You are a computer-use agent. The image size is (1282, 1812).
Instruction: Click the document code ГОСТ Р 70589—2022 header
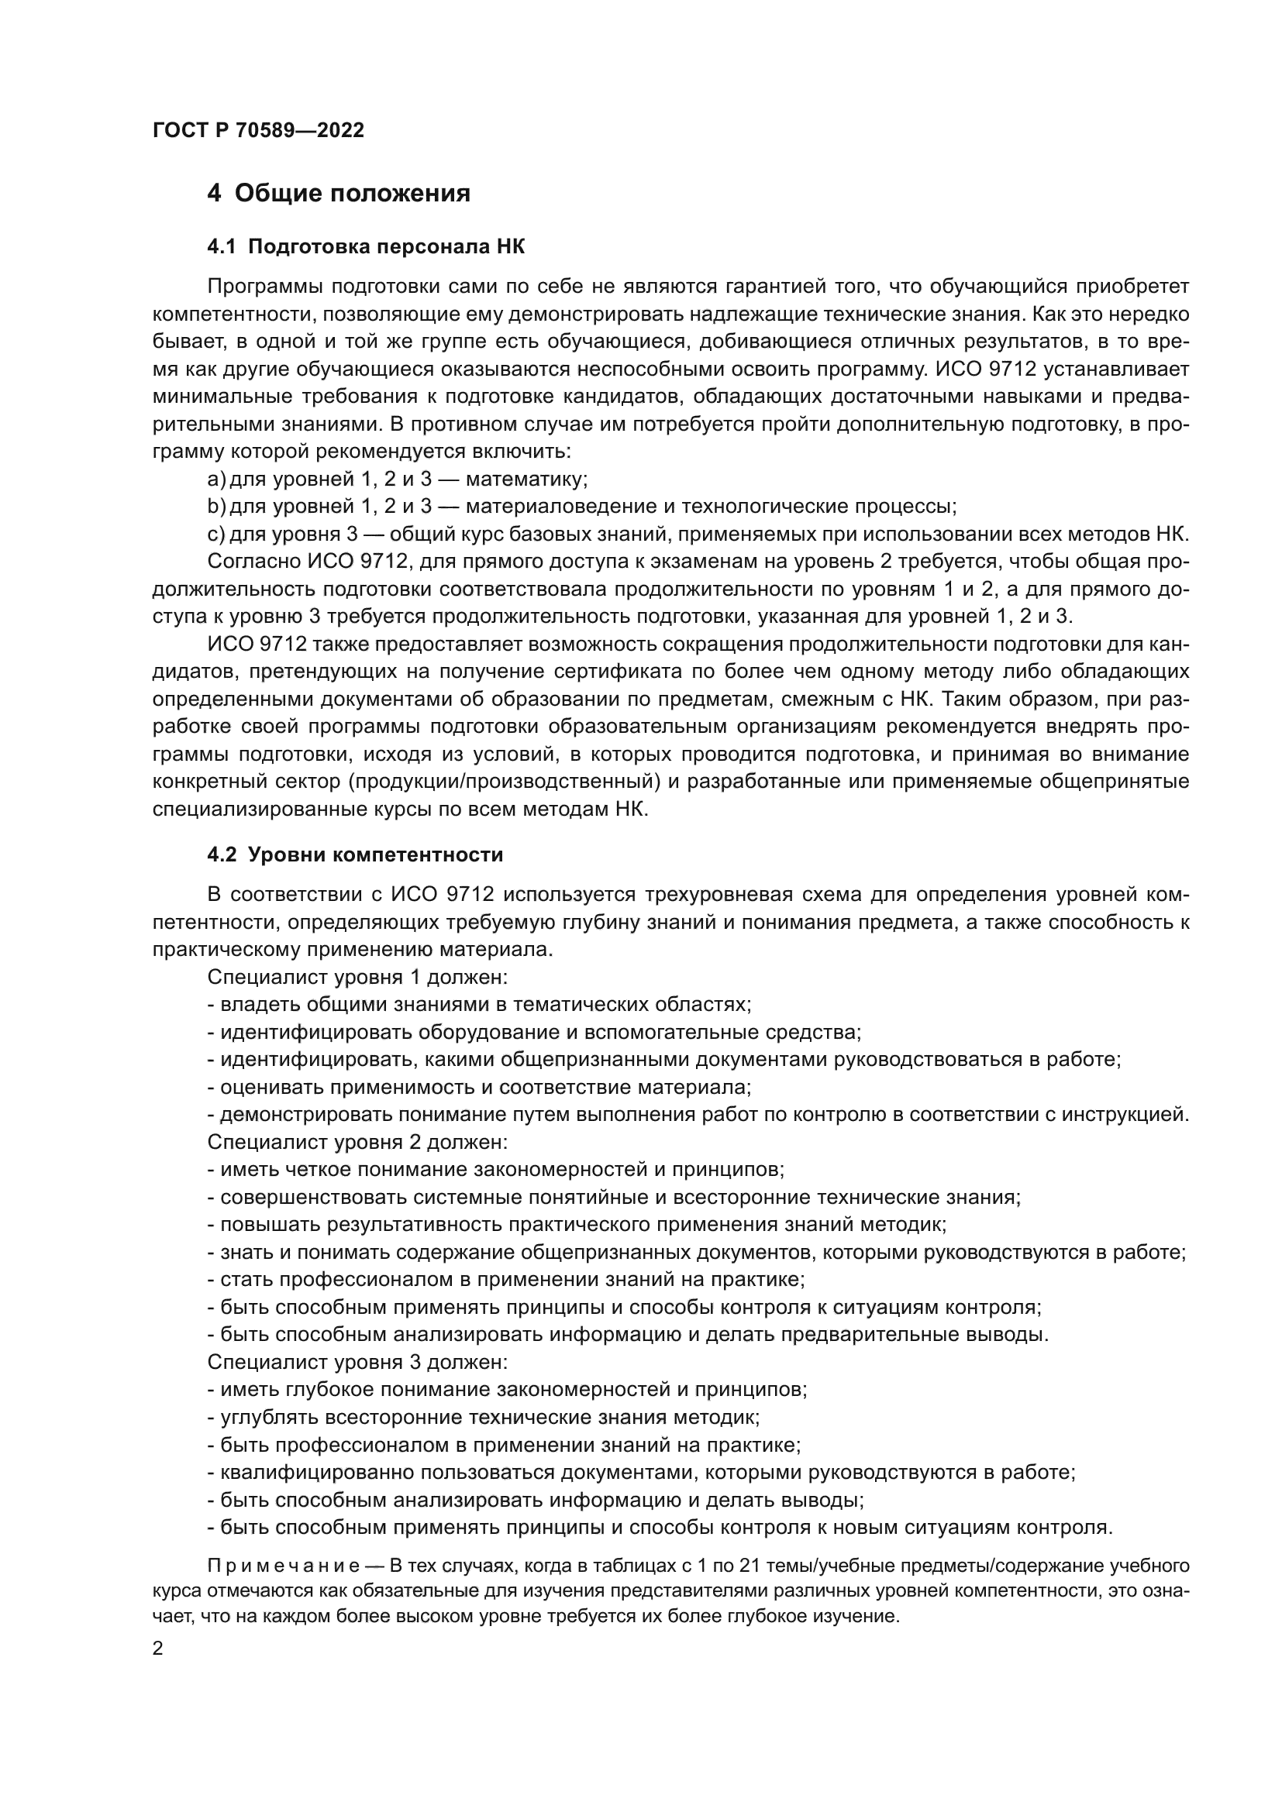tap(258, 131)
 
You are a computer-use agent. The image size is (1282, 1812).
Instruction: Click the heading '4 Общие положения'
tap(339, 194)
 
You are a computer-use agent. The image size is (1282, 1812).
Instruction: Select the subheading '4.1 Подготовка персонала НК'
tap(366, 247)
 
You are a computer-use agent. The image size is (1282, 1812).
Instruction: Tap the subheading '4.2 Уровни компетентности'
tap(354, 854)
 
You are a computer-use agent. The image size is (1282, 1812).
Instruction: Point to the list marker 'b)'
tap(216, 507)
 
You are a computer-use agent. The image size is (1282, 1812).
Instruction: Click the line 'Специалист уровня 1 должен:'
tap(357, 977)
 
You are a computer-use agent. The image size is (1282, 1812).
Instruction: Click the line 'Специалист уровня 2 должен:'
tap(357, 1142)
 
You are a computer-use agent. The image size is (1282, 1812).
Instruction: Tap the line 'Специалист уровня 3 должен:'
tap(357, 1362)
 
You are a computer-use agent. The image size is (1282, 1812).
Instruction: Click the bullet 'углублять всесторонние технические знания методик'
tap(483, 1417)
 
